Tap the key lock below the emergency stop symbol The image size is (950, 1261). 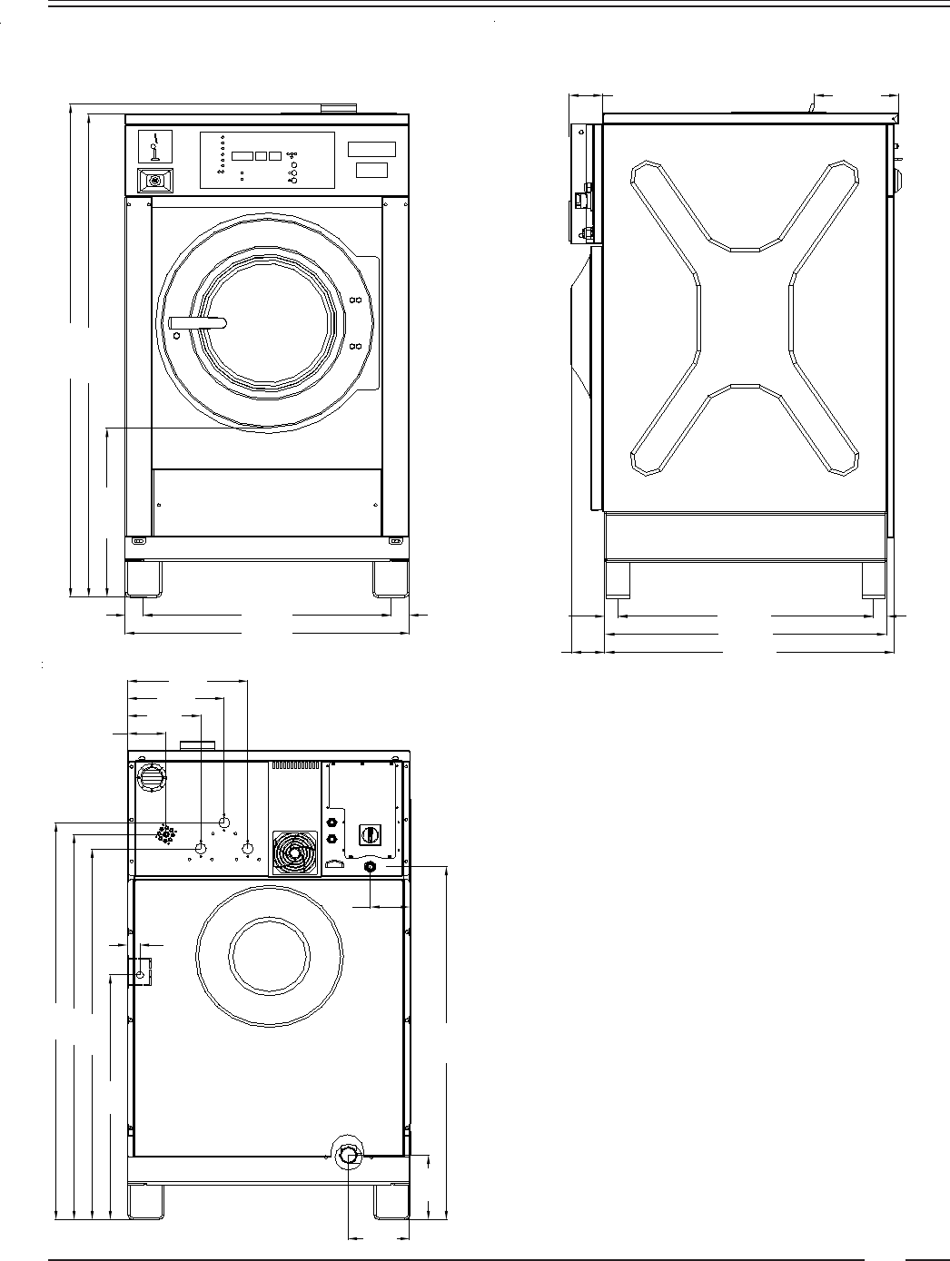[155, 181]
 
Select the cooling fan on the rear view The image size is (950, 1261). [295, 852]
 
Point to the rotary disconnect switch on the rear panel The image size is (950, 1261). [371, 832]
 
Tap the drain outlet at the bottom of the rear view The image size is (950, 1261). [349, 1155]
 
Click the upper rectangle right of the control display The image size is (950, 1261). [371, 149]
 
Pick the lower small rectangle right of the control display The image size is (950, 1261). [371, 170]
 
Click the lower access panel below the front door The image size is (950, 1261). [267, 502]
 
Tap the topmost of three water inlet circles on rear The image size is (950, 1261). [224, 822]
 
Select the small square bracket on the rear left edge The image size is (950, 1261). [140, 972]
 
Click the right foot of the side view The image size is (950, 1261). [873, 581]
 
